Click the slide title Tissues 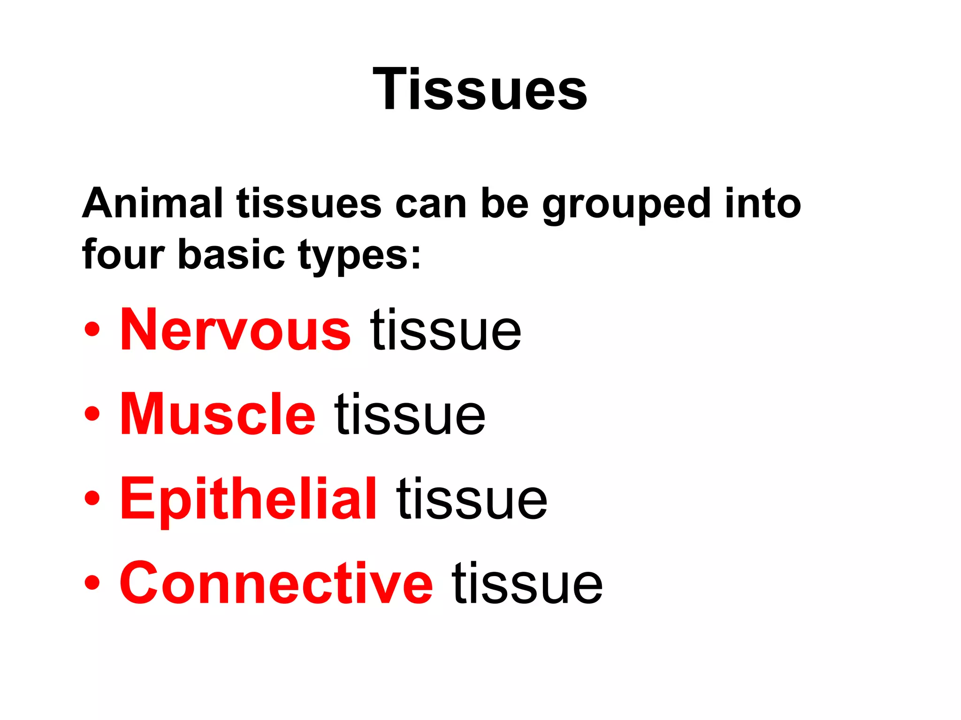[480, 89]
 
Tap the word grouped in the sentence [626, 205]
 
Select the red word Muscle [218, 414]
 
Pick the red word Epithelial [248, 499]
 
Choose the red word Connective [276, 583]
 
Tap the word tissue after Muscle [410, 414]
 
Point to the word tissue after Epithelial [472, 499]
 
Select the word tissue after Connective [527, 583]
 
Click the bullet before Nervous [92, 330]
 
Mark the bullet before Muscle [92, 414]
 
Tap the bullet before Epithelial [92, 498]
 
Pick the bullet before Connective [92, 583]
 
